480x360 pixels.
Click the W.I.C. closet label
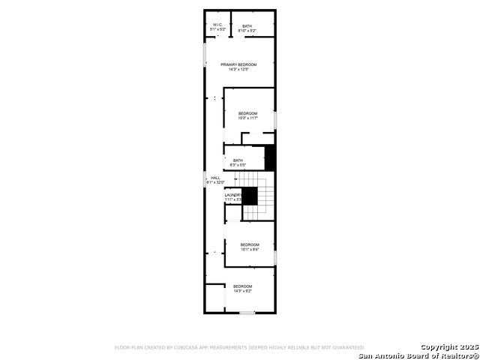[x=217, y=25]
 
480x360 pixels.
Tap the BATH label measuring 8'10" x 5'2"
[x=247, y=26]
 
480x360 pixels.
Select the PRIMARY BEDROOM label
[x=238, y=64]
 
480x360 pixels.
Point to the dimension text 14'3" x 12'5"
[x=238, y=70]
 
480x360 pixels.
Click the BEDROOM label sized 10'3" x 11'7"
[x=247, y=113]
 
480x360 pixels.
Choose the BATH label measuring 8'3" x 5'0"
[x=238, y=160]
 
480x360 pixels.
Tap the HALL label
[x=215, y=178]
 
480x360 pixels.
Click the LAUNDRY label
[x=233, y=195]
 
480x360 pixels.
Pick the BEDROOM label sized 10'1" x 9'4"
[x=250, y=244]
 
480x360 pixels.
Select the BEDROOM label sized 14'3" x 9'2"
[x=242, y=286]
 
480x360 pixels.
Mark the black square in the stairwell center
[x=250, y=196]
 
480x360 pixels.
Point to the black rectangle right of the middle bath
[x=271, y=159]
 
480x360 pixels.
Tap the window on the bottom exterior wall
[x=247, y=313]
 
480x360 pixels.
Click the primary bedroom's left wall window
[x=205, y=54]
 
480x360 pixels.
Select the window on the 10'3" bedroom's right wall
[x=275, y=119]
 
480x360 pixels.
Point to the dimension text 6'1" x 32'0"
[x=216, y=182]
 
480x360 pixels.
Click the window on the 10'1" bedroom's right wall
[x=275, y=257]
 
